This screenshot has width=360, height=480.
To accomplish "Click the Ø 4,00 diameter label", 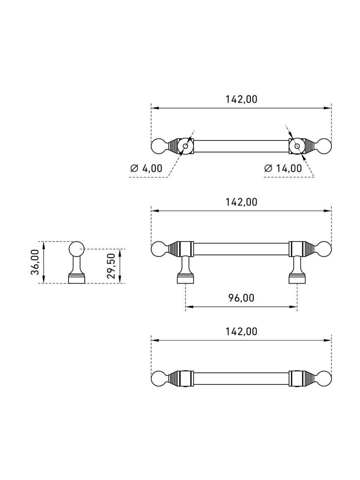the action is click(146, 168).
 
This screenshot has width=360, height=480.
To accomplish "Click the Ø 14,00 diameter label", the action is click(283, 168).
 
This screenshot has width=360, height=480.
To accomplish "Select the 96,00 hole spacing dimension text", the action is click(241, 298).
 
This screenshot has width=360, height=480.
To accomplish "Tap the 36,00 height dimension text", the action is click(35, 262).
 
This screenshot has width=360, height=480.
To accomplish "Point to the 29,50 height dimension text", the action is click(111, 266).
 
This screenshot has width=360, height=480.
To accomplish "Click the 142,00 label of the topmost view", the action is click(241, 99).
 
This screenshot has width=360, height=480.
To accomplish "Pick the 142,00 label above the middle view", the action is click(241, 202).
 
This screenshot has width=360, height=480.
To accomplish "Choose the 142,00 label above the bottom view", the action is click(241, 332).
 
